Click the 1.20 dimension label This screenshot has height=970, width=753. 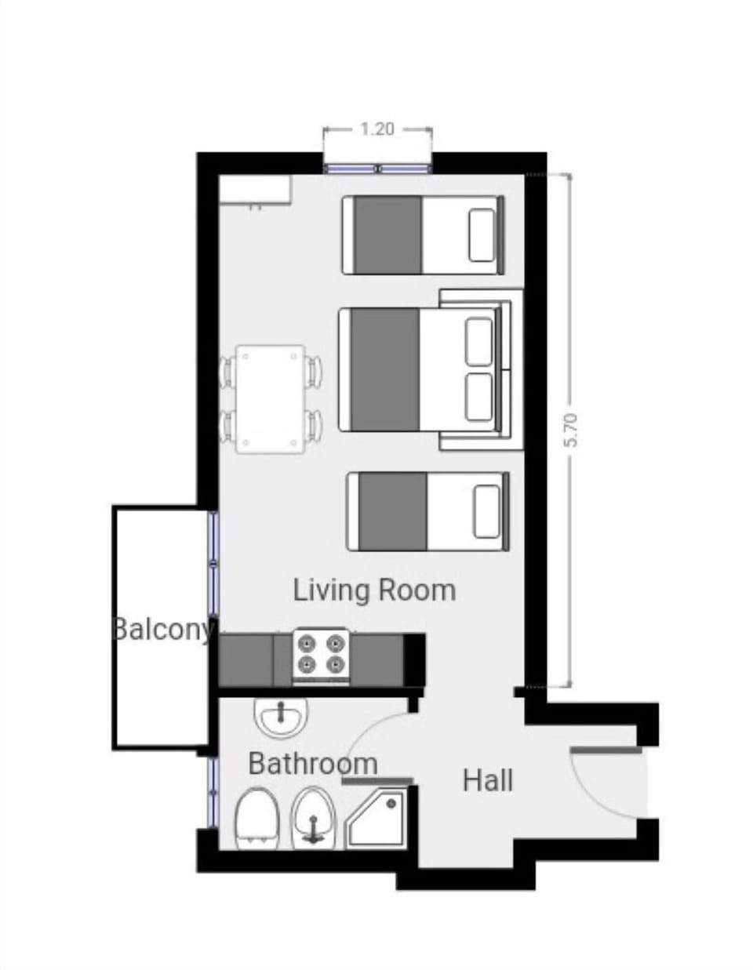pos(377,129)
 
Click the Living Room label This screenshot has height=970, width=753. pos(374,590)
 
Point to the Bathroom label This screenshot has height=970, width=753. pos(312,763)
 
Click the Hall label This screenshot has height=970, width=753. pos(488,780)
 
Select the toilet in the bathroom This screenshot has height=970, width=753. pos(257,819)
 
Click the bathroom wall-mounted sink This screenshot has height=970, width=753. pos(281,717)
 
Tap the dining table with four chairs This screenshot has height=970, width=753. pos(271,398)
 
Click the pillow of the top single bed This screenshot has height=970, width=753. pos(482,235)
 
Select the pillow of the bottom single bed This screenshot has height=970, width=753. pos(486,511)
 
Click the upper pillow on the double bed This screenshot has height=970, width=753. pos(479,341)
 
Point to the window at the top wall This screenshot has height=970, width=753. pos(377,168)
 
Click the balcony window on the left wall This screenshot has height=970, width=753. pos(213,562)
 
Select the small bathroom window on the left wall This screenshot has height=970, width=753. pos(212,792)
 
